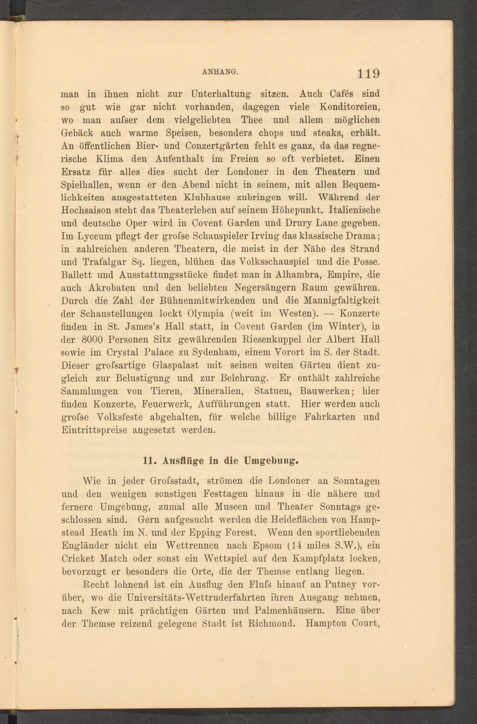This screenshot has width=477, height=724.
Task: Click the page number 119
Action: click(368, 74)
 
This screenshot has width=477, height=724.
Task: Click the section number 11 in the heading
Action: click(148, 461)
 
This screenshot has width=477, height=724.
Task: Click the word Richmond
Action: click(271, 623)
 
